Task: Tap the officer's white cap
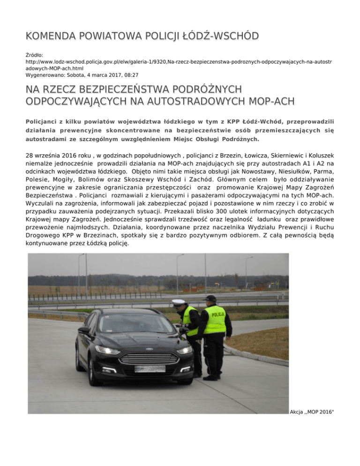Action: [178, 302]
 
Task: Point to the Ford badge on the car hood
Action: [149, 348]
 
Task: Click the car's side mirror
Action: [84, 331]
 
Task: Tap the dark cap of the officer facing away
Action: [210, 299]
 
